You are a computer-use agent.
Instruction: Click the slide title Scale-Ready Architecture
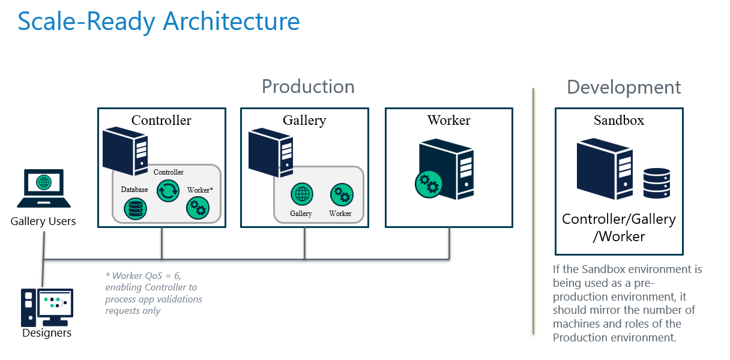click(x=158, y=22)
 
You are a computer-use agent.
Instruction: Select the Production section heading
click(x=308, y=86)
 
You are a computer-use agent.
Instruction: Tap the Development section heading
click(x=624, y=88)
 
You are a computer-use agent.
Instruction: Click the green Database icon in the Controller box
click(x=135, y=209)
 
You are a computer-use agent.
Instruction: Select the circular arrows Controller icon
click(x=168, y=191)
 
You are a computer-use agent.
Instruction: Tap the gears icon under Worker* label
click(x=198, y=208)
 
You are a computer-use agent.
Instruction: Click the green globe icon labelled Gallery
click(x=301, y=195)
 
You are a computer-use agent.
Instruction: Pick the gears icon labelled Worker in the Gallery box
click(x=341, y=195)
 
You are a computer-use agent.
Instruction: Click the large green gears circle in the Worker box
click(x=429, y=184)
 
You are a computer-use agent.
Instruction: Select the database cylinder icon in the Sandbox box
click(x=656, y=183)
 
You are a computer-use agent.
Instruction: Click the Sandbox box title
click(x=619, y=120)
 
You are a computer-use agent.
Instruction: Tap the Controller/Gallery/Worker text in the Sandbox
click(x=619, y=228)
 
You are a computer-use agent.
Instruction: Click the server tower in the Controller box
click(x=124, y=151)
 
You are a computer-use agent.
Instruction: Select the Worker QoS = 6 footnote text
click(x=154, y=293)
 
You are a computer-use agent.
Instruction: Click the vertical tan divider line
click(x=533, y=210)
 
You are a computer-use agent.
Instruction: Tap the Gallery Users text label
click(x=43, y=221)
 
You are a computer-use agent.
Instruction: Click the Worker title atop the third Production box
click(x=448, y=120)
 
